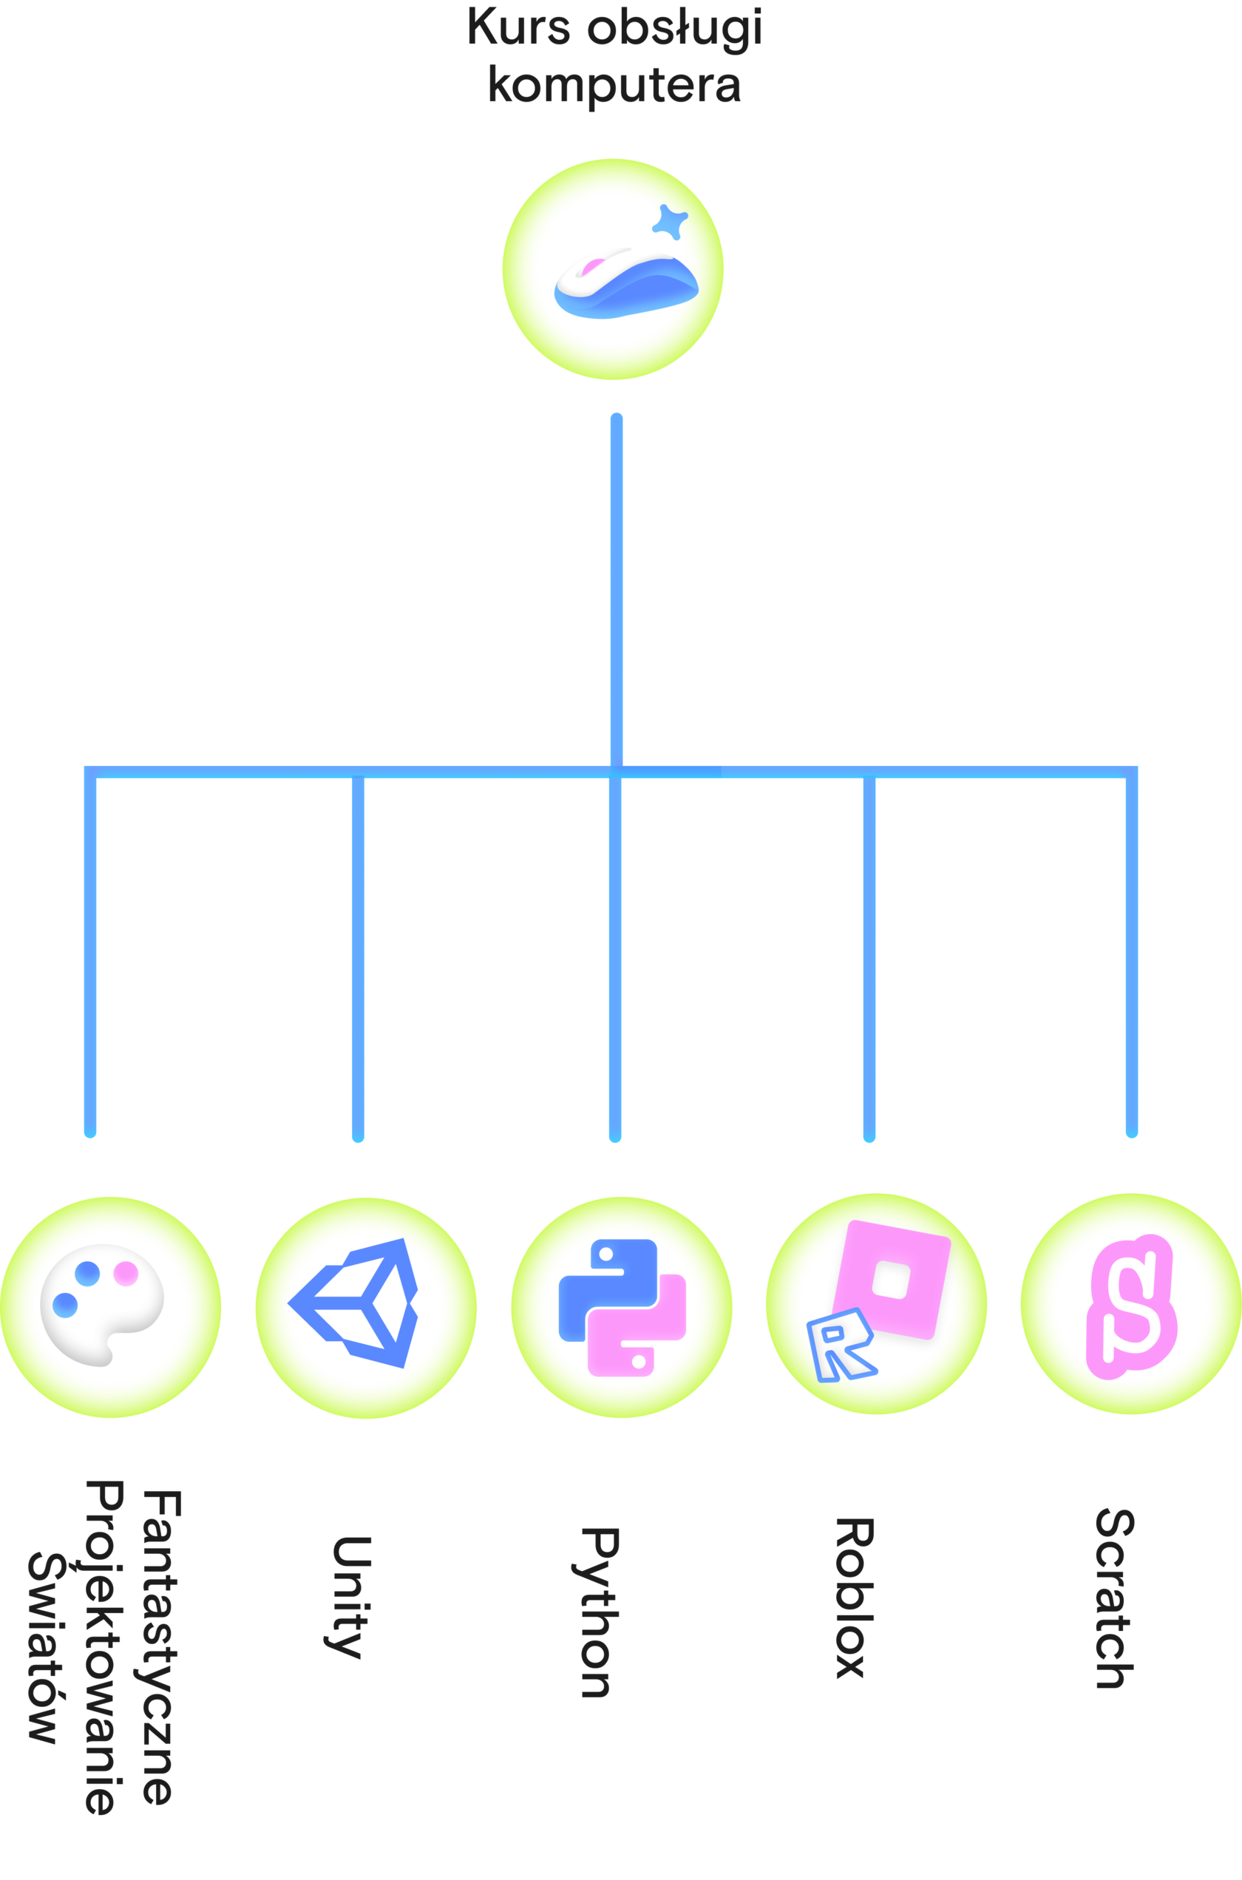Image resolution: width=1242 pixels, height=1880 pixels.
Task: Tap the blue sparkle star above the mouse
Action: coord(670,223)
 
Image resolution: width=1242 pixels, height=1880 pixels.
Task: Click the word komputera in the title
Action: coord(614,85)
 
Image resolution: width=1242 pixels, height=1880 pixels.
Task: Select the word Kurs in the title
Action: coord(518,27)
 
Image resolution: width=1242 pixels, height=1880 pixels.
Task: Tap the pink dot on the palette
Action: coord(126,1273)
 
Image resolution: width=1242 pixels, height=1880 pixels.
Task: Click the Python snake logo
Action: coord(622,1306)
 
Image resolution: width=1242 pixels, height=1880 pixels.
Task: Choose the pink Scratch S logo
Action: coord(1131,1305)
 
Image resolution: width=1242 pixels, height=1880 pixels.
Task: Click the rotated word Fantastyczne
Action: coord(161,1647)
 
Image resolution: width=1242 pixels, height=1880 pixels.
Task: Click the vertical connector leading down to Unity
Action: coord(358,958)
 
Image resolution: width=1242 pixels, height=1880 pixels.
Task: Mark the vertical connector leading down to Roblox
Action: coord(869,958)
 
